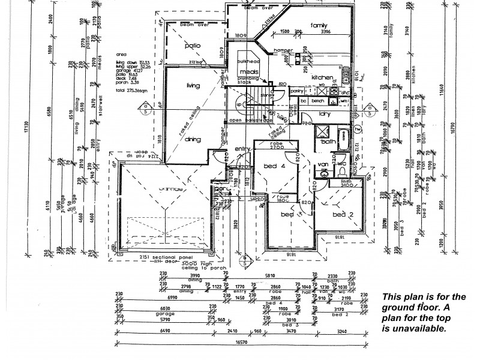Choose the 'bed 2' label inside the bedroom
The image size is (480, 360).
[x=340, y=215]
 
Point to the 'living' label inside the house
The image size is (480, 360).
[x=193, y=86]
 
